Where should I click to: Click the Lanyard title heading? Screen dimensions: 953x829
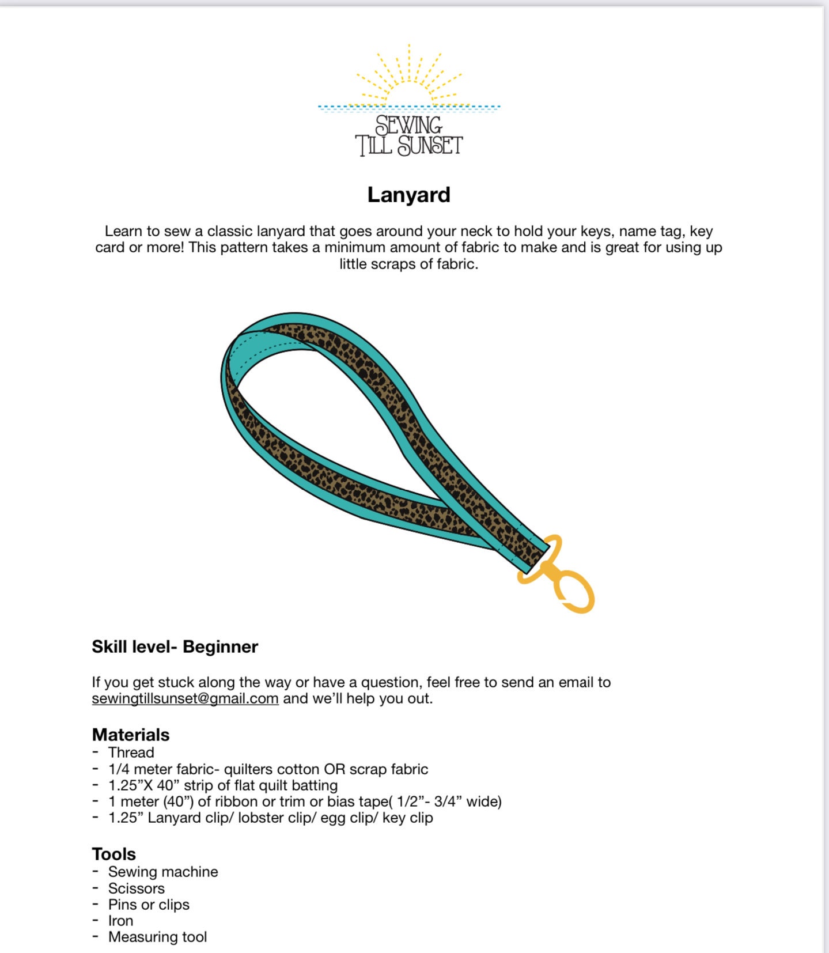408,195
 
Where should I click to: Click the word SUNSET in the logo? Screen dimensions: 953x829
430,146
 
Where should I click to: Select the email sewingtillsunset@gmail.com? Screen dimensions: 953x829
185,698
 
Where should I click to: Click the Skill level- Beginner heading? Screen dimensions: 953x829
175,646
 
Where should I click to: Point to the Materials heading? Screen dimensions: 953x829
131,735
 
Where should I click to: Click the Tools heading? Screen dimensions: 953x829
114,854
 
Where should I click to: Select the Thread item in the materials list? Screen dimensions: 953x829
131,752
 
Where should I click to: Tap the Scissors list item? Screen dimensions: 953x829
136,888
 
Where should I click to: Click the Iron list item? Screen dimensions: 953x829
120,921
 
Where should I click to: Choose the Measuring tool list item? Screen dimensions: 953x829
157,937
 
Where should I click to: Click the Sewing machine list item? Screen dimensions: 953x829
163,872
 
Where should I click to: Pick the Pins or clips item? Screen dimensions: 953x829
149,905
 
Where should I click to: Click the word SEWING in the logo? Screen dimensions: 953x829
408,125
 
